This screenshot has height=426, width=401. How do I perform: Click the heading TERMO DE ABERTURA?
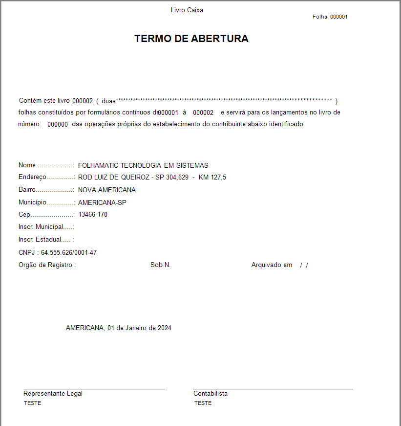[x=191, y=39]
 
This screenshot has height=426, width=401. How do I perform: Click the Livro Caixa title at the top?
[x=187, y=10]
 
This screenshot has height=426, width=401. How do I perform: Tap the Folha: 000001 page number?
[x=330, y=17]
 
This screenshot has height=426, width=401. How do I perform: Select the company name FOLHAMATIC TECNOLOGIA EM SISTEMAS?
[x=143, y=165]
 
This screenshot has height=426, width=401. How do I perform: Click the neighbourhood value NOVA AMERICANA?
[x=107, y=190]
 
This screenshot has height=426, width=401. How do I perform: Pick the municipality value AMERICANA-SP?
[x=103, y=202]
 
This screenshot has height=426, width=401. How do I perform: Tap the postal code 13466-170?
[x=93, y=214]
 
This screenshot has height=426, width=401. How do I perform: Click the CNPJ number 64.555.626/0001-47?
[x=69, y=252]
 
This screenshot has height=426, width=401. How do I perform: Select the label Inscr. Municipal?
[x=41, y=226]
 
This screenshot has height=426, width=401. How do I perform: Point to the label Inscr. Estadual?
[x=41, y=239]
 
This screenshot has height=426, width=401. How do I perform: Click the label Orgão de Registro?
[x=47, y=265]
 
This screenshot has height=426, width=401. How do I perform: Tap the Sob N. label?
[x=160, y=265]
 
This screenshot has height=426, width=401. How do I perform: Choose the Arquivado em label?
[x=272, y=265]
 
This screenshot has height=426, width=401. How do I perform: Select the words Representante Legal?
[x=53, y=393]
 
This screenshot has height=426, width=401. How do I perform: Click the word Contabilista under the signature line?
[x=211, y=393]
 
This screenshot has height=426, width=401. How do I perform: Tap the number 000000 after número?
[x=58, y=124]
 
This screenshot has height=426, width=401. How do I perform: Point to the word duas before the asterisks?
[x=108, y=101]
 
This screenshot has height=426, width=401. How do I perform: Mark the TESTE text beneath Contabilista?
[x=203, y=403]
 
